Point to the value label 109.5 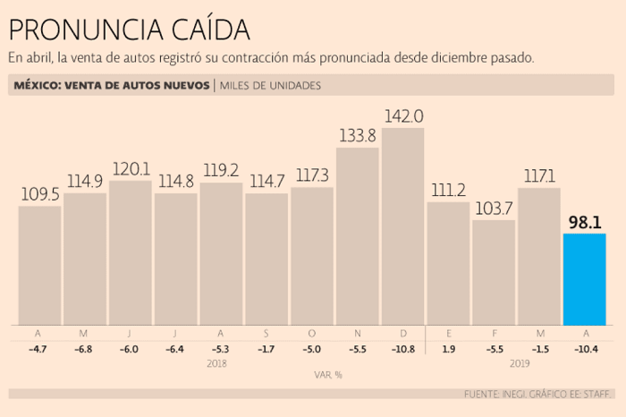coord(39,193)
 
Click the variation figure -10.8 coord(402,348)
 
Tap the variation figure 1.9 coord(448,348)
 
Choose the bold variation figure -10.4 coord(584,348)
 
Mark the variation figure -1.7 coord(266,348)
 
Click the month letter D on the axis coord(402,333)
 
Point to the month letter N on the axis coord(357,333)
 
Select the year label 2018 coord(217,363)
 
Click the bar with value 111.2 coord(448,263)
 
